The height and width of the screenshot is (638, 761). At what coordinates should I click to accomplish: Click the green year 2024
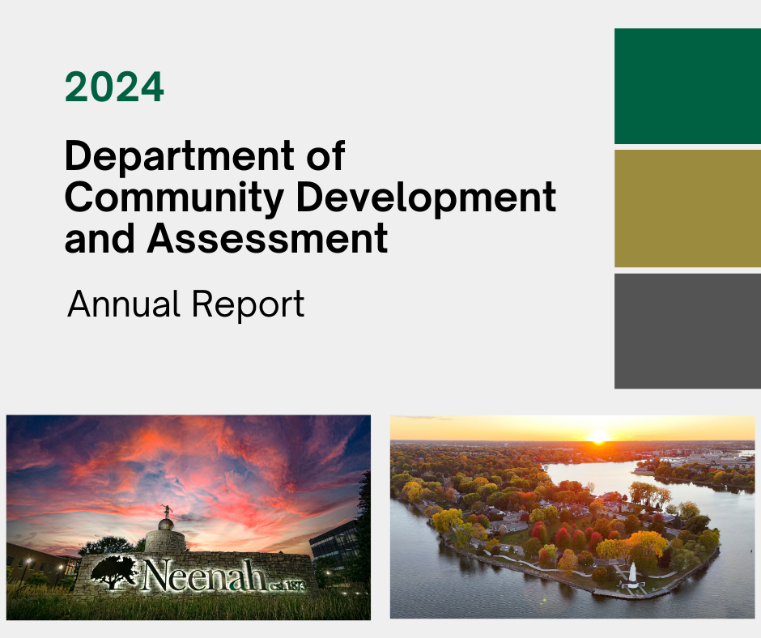114,87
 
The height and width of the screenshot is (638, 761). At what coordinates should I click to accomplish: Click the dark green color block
687,86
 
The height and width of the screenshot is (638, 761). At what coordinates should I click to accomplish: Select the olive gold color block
687,208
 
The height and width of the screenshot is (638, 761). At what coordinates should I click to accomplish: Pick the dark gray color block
687,330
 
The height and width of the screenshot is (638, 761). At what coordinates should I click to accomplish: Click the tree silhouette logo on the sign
114,572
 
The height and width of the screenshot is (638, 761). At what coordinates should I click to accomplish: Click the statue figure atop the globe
167,510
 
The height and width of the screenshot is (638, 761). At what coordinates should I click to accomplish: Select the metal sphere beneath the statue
165,525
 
